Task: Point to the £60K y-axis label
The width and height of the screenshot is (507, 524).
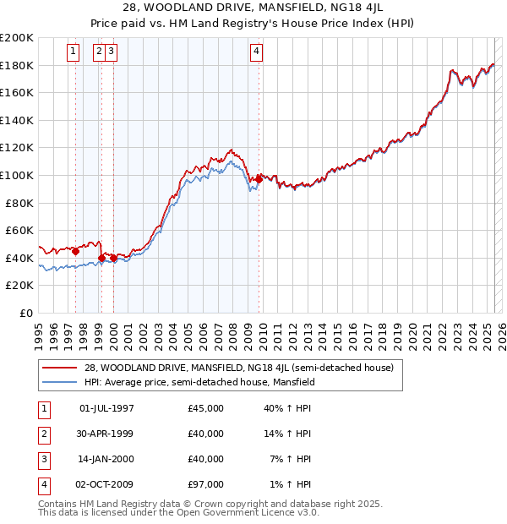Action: point(19,230)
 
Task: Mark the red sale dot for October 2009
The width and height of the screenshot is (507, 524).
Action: point(259,179)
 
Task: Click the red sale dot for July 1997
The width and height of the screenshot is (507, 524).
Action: point(76,250)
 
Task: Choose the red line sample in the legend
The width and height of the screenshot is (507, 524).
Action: point(60,368)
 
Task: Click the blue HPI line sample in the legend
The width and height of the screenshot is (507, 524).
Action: point(60,382)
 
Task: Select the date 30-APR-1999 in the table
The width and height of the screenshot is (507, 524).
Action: point(106,434)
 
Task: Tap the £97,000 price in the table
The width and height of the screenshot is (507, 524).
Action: point(205,484)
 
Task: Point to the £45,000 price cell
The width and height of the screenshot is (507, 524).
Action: point(205,408)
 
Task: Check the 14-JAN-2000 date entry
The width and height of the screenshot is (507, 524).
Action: point(106,459)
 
